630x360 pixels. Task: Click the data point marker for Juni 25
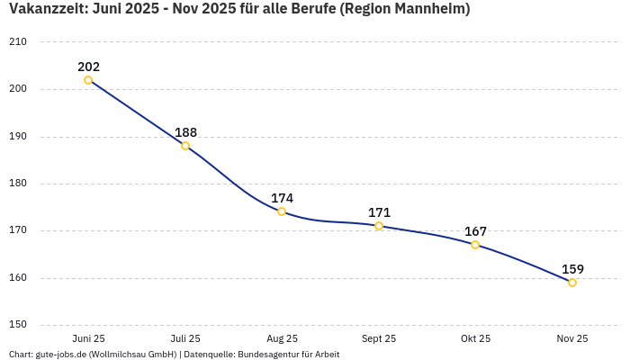(88, 80)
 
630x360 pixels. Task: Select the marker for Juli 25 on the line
(185, 146)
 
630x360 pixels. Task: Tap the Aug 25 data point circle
(282, 211)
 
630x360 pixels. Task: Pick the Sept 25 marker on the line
(379, 226)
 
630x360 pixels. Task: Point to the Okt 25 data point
(475, 245)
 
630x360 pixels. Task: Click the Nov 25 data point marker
(572, 283)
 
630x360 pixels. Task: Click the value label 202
(88, 67)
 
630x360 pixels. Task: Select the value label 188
(185, 132)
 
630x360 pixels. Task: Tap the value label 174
(282, 198)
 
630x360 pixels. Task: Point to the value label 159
(572, 269)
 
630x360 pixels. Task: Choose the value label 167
(475, 231)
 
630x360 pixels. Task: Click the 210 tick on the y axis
(18, 42)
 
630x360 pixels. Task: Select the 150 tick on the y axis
(18, 325)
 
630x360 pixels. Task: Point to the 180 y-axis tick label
(18, 184)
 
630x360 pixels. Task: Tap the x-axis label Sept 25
(379, 339)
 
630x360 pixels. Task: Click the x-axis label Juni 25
(88, 339)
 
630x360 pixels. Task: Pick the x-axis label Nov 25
(572, 339)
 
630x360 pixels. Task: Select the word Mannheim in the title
(432, 10)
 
